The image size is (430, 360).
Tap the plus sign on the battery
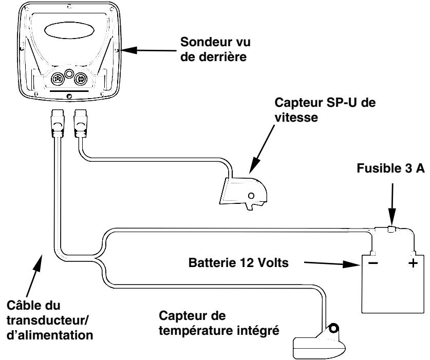(413, 263)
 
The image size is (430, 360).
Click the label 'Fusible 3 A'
(391, 168)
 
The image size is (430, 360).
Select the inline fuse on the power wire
(391, 229)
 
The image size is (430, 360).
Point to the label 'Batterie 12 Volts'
(238, 262)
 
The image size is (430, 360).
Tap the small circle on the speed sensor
(251, 196)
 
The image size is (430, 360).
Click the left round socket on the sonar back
(58, 79)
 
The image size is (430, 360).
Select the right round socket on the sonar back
(81, 79)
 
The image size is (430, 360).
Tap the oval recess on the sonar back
(69, 30)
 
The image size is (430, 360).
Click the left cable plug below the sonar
(58, 123)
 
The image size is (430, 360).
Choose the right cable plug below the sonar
(80, 123)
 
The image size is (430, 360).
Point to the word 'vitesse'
(296, 118)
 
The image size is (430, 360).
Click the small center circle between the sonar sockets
(69, 73)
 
